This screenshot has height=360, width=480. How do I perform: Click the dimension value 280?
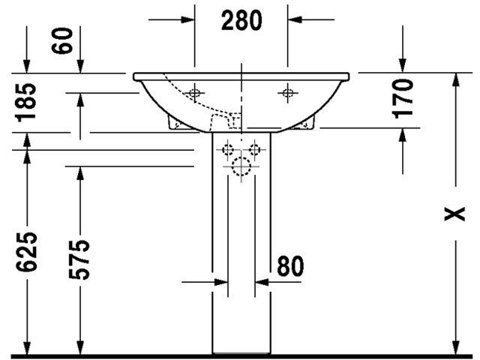point(241,20)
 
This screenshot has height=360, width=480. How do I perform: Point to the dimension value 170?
point(404,98)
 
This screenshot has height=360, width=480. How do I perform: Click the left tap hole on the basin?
point(195,93)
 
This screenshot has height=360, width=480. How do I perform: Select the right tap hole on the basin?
point(287,93)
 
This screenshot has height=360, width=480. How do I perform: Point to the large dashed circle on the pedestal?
point(241,169)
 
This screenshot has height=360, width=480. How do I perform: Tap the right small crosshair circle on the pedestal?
point(258,150)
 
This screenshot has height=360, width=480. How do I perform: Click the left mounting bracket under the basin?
point(173,123)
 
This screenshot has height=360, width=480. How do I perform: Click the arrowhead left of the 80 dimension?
point(220,283)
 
